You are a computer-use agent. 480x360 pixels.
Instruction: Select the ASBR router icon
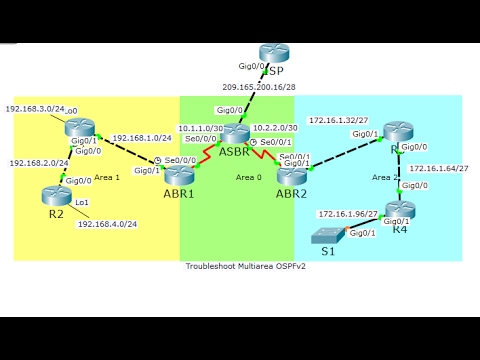[x=238, y=135]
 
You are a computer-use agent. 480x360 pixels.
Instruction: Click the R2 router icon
[x=55, y=196]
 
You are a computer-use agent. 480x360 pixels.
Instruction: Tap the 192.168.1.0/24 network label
[x=142, y=138]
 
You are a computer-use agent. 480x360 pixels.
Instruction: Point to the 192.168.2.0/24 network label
[x=38, y=162]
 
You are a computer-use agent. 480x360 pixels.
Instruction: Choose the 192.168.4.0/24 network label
[x=105, y=224]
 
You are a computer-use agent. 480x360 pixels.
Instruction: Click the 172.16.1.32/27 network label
[x=339, y=118]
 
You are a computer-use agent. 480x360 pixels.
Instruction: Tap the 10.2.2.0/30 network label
[x=274, y=128]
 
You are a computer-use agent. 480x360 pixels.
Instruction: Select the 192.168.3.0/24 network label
[x=34, y=108]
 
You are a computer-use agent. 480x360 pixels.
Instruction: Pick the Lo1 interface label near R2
[x=82, y=202]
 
